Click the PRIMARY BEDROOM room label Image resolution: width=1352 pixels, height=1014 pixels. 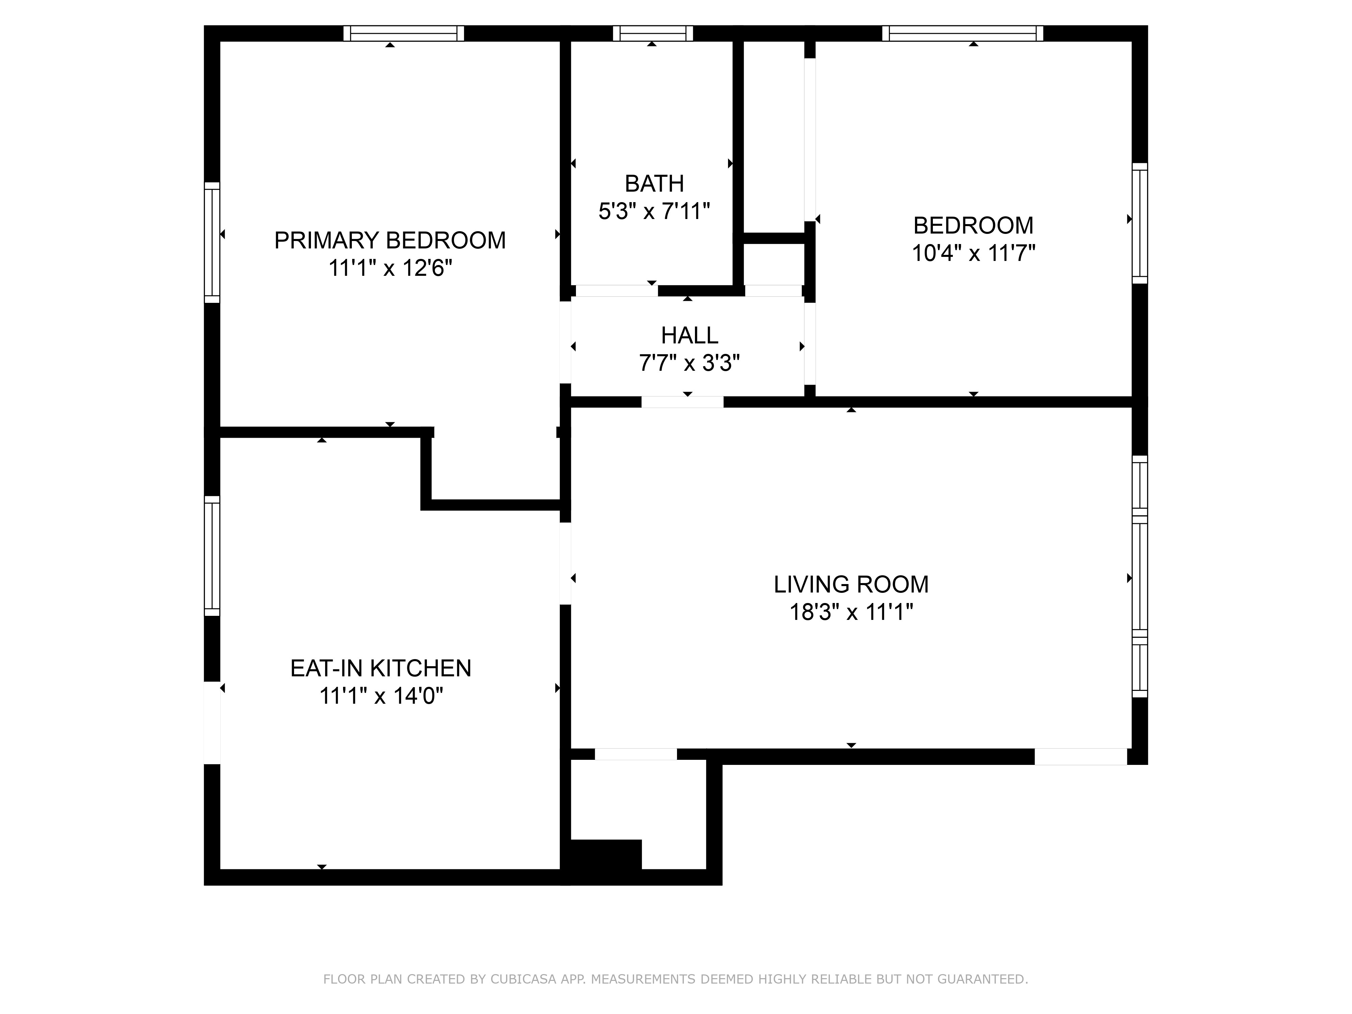(x=390, y=240)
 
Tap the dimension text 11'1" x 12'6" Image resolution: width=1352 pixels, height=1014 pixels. (x=390, y=268)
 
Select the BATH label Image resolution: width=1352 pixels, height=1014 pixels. (x=654, y=183)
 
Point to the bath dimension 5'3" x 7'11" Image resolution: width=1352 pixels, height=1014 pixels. (x=654, y=212)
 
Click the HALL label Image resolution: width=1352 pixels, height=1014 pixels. (x=690, y=336)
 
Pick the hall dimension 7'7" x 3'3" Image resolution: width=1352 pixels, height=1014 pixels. (x=690, y=363)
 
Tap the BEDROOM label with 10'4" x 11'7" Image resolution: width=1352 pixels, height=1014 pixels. (x=973, y=225)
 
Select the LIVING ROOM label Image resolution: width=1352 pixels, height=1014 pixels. (x=851, y=584)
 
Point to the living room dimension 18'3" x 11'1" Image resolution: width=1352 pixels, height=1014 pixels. (x=851, y=612)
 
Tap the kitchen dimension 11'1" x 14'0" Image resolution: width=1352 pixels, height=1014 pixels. (x=381, y=696)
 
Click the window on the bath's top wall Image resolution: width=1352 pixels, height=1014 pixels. (x=653, y=33)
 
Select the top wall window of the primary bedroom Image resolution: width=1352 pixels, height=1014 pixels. (x=403, y=33)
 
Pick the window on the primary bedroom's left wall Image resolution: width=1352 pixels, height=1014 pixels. (x=212, y=242)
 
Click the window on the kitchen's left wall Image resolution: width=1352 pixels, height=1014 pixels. (x=212, y=556)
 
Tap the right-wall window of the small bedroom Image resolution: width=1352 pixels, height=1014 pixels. (x=1140, y=223)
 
